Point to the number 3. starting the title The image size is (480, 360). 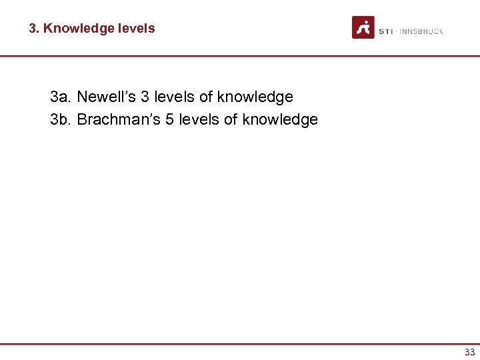pos(34,29)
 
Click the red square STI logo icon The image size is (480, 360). pos(363,28)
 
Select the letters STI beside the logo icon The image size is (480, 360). pos(386,31)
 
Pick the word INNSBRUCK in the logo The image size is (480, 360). pos(422,31)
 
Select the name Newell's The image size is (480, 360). pos(105,97)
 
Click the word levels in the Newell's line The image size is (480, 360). pos(173,97)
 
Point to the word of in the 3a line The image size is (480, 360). pos(206,97)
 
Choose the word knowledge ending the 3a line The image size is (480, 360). pos(255,97)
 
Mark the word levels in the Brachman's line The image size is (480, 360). pos(197,120)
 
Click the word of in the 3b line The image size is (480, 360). pos(231,120)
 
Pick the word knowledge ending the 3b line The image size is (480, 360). pos(280,120)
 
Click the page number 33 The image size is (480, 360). pos(469,353)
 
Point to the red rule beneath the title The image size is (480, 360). pos(240,56)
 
